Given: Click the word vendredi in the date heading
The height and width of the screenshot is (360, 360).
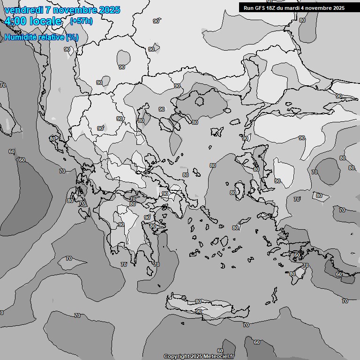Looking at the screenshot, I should pos(24,10).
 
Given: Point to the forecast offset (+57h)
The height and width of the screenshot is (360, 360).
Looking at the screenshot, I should pos(81,21).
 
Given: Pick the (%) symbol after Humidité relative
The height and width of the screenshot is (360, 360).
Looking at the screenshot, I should pos(72,37).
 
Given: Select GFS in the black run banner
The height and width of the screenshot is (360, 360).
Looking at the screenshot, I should pos(261,8).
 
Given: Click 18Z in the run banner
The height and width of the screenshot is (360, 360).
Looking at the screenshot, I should pos(274,8).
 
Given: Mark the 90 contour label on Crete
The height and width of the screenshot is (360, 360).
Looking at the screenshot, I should pos(199,311).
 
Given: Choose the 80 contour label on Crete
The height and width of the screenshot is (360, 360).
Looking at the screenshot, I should pos(198,301).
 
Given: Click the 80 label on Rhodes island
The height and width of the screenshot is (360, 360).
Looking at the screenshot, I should pos(292,274).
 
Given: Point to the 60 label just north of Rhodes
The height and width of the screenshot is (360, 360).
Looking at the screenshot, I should pos(297,255).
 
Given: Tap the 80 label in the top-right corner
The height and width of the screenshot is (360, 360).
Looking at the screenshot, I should pos(302,20).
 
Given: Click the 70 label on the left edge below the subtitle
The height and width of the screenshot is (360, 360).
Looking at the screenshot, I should pos(3,85).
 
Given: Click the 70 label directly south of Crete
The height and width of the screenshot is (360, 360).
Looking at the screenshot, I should pos(246,324).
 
